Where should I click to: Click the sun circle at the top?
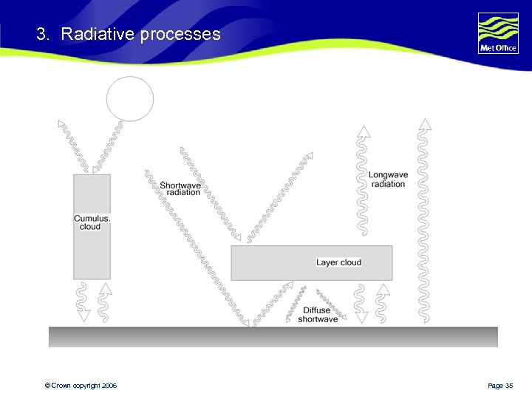(130, 98)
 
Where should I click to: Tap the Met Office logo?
(498, 33)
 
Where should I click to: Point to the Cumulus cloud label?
(92, 222)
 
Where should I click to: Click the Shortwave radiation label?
(180, 188)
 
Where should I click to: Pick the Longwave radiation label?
(388, 180)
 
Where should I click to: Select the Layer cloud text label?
(338, 262)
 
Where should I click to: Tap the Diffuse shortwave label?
(318, 315)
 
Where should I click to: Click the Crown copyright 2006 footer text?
(81, 386)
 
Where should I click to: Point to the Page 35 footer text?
(500, 386)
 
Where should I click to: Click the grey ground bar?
(273, 337)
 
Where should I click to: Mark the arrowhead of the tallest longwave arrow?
(423, 124)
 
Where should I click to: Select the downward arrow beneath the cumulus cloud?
(83, 303)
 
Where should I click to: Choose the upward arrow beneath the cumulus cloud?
(104, 301)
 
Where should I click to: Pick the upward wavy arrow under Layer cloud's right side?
(381, 303)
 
